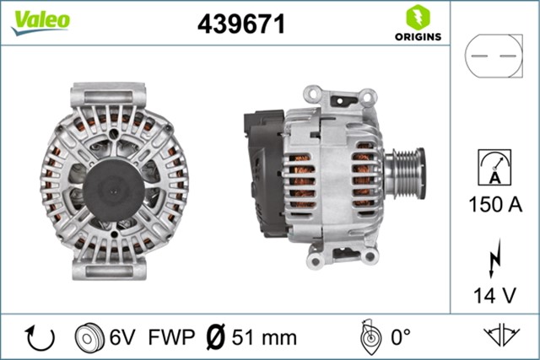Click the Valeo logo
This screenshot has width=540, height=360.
[40, 21]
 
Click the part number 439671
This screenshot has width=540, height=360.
[240, 24]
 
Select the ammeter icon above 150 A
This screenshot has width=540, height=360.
[494, 165]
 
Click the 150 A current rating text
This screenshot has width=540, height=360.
[494, 203]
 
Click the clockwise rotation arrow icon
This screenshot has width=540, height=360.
[40, 337]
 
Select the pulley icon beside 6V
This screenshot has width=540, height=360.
[87, 337]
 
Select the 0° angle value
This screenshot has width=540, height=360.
[399, 337]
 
